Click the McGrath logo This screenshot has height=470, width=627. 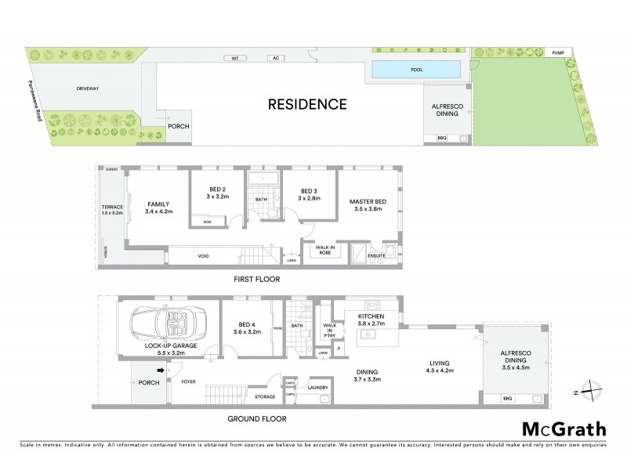pos(564,428)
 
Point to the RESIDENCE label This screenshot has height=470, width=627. pos(307,103)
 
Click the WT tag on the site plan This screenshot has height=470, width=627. pos(233,58)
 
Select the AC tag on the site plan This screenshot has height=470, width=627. pos(275,58)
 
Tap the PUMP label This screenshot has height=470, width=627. pos(558,52)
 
